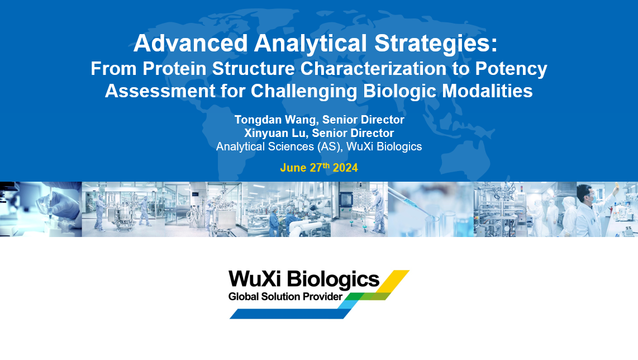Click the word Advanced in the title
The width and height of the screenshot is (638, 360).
(x=191, y=42)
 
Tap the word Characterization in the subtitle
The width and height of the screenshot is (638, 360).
(x=374, y=68)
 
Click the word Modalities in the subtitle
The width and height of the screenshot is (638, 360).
(x=488, y=91)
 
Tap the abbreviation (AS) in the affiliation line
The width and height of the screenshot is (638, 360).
(x=328, y=146)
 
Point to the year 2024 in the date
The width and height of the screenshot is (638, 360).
(x=345, y=168)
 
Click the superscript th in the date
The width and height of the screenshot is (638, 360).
(x=326, y=165)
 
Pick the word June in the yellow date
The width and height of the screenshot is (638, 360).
(x=293, y=168)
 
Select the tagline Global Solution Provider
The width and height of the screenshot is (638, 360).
(x=285, y=296)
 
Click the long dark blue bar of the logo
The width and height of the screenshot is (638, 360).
(x=290, y=314)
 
